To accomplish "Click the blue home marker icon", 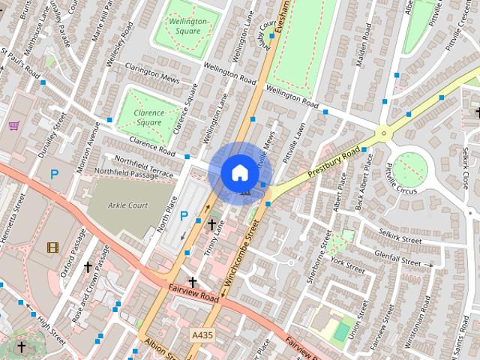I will click(x=239, y=172).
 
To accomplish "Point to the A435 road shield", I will click(x=201, y=334).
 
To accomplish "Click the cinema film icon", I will click(x=52, y=247).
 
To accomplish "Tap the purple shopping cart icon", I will click(x=13, y=125).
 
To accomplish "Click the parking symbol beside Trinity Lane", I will click(x=184, y=216).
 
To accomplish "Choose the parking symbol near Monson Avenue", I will click(x=54, y=174).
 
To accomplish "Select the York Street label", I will click(x=347, y=265).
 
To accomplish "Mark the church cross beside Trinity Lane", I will click(x=211, y=223).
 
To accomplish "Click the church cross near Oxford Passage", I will click(x=88, y=266).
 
